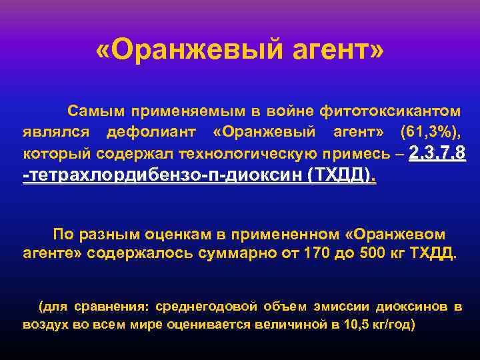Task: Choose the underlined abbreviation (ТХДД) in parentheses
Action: (x=339, y=177)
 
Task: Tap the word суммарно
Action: (x=219, y=254)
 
